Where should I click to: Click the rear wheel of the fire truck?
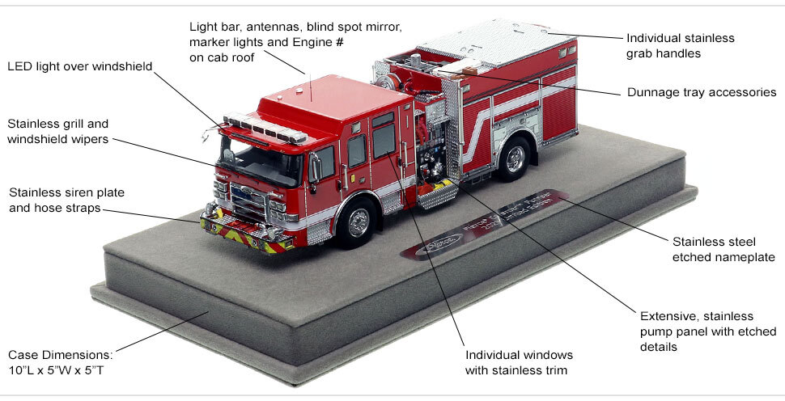[513, 159]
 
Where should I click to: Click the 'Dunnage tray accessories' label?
[702, 92]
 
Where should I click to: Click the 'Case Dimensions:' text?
[61, 354]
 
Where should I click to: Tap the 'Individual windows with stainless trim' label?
[519, 362]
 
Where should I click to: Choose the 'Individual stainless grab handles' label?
[681, 46]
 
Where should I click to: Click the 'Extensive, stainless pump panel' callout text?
[707, 331]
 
